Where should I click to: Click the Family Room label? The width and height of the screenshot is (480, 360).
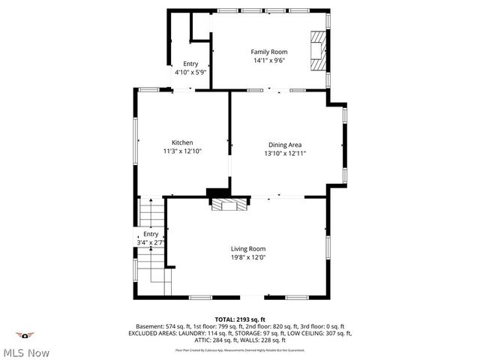point(268,52)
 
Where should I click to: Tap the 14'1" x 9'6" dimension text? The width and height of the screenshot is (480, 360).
point(268,60)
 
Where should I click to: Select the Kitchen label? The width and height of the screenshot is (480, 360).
point(182,142)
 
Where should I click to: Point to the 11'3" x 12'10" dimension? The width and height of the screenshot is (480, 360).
point(182,151)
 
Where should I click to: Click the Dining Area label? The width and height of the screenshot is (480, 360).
point(285,145)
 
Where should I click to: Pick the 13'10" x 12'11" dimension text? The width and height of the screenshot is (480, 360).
point(285,153)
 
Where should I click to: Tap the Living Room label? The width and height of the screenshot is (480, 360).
point(247,249)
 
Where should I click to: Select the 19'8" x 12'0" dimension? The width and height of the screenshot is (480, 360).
point(247,257)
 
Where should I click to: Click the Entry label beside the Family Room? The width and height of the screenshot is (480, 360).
point(190,64)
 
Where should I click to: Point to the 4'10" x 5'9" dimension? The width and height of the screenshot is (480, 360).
point(190,73)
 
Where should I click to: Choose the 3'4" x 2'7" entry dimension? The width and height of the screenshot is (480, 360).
point(151,242)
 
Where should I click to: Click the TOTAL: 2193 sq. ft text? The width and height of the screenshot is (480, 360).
point(240,319)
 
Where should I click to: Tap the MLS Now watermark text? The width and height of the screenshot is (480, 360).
point(26,352)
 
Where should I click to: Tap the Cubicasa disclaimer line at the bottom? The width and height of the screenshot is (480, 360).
point(240,349)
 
